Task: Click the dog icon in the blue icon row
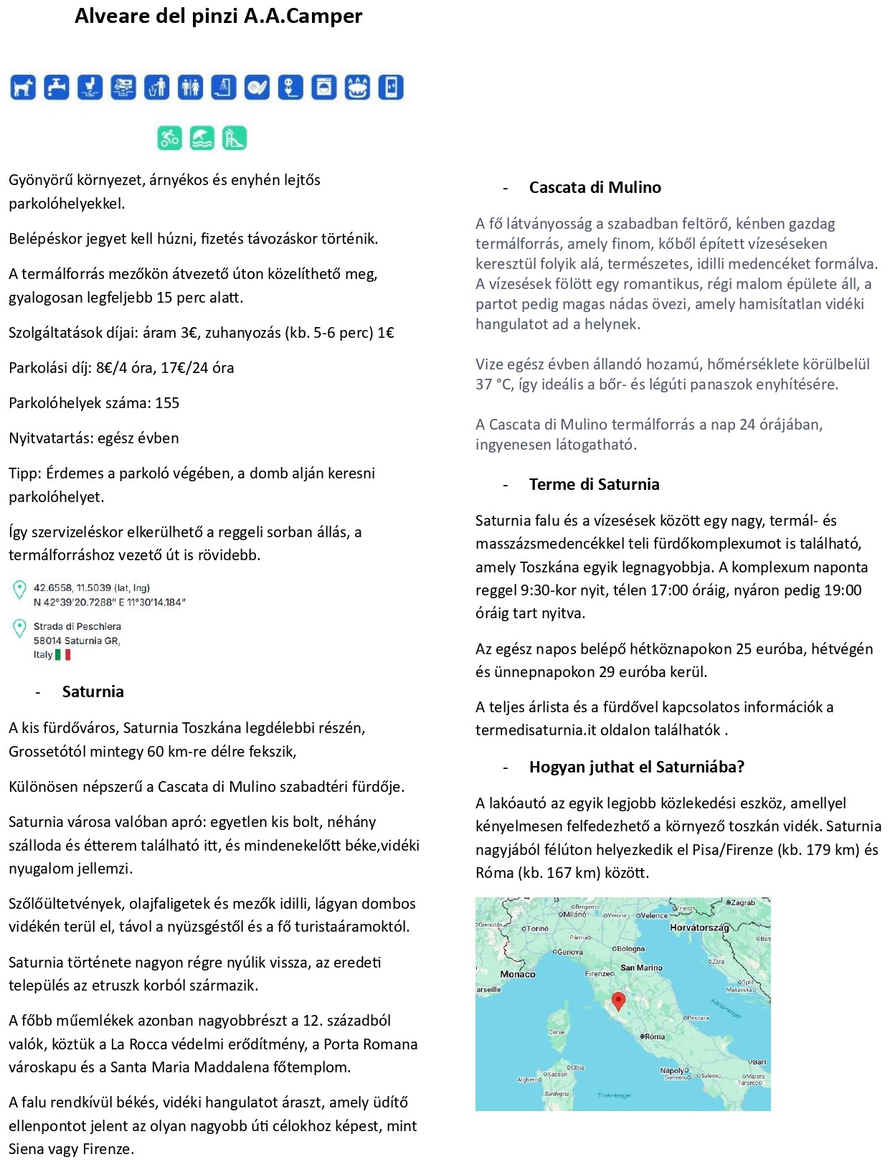click(23, 88)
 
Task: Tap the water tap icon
click(57, 88)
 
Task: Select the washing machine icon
click(323, 88)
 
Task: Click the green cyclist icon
click(170, 138)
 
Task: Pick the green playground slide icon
click(235, 138)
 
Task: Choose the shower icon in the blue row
click(223, 88)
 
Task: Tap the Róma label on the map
click(654, 1036)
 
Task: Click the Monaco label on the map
click(518, 974)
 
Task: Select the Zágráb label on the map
click(742, 902)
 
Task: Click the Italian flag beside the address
click(63, 655)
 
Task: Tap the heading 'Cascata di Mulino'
click(595, 188)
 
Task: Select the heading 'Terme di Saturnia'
click(594, 485)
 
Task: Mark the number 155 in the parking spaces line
click(167, 403)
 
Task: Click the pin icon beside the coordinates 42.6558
click(19, 590)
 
